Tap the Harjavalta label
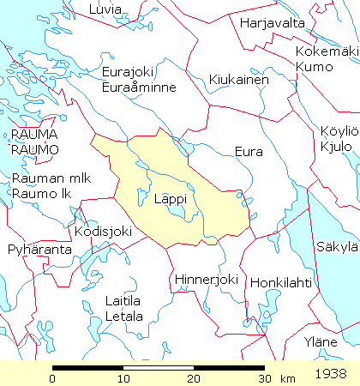click(x=273, y=22)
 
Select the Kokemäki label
click(x=325, y=51)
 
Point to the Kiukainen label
click(x=239, y=80)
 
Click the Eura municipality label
click(x=248, y=151)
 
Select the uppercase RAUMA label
click(x=35, y=134)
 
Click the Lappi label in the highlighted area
click(x=171, y=199)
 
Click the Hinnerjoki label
click(x=205, y=280)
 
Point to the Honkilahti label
click(x=282, y=282)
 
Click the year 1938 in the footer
click(x=331, y=375)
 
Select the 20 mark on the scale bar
click(x=194, y=378)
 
